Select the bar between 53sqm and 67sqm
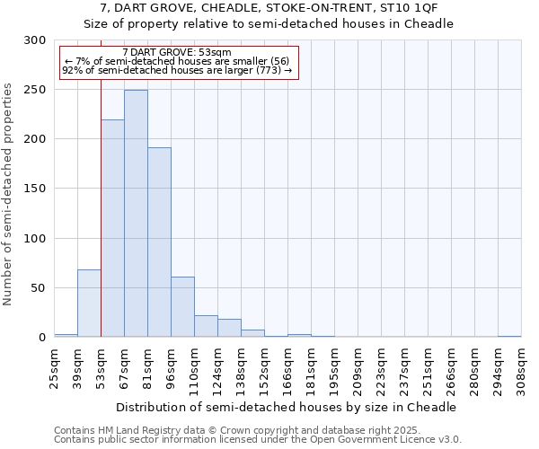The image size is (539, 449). click(112, 228)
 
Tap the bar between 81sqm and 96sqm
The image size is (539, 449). click(159, 242)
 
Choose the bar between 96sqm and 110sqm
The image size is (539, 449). click(182, 307)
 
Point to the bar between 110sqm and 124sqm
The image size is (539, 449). click(206, 327)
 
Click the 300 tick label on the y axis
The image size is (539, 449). click(35, 40)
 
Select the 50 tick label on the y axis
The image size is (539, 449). click(38, 288)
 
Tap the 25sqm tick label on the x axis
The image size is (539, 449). click(54, 367)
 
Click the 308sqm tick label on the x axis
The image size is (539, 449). click(521, 370)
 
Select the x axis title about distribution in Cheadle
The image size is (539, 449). click(287, 407)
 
